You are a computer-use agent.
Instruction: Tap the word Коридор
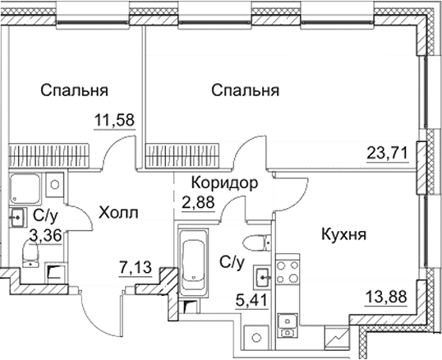tap(219, 182)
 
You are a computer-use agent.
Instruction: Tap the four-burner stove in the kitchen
tap(288, 272)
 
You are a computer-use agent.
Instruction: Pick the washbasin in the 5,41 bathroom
tap(262, 276)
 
